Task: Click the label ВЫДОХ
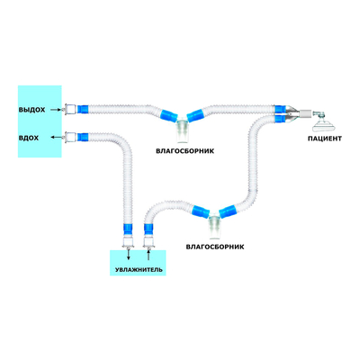pyautogui.click(x=31, y=110)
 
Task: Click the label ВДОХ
pyautogui.click(x=29, y=138)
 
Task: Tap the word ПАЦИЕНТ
pyautogui.click(x=325, y=139)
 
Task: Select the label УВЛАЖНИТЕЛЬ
pyautogui.click(x=139, y=270)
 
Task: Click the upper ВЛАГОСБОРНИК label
pyautogui.click(x=184, y=151)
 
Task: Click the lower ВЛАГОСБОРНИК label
pyautogui.click(x=215, y=247)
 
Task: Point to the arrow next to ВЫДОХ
pyautogui.click(x=56, y=110)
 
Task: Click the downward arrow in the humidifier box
pyautogui.click(x=129, y=254)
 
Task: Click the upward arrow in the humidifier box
pyautogui.click(x=148, y=256)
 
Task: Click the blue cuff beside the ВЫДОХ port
pyautogui.click(x=83, y=109)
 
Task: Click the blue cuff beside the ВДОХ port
pyautogui.click(x=83, y=138)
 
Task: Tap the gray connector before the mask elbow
pyautogui.click(x=305, y=113)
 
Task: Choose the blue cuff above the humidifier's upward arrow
pyautogui.click(x=148, y=229)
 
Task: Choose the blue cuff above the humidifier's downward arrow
pyautogui.click(x=128, y=229)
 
